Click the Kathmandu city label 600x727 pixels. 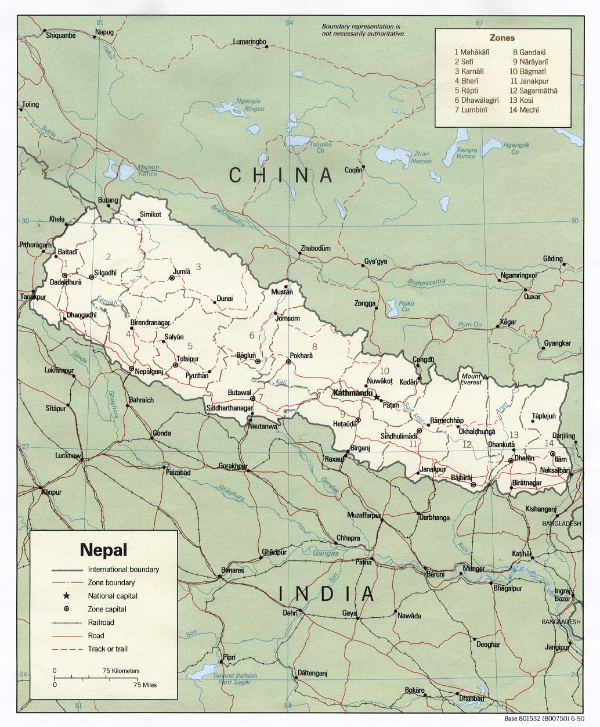352,393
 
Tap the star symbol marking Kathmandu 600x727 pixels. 377,397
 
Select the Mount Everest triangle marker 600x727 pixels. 485,377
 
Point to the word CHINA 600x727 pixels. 281,175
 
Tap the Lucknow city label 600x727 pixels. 67,456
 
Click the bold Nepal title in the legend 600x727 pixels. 104,549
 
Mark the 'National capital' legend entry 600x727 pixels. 113,596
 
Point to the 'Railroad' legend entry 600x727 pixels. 101,622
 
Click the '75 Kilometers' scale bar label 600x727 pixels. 121,671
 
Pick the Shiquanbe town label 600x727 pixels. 60,35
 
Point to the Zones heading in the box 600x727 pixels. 502,38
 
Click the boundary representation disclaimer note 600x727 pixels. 363,30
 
